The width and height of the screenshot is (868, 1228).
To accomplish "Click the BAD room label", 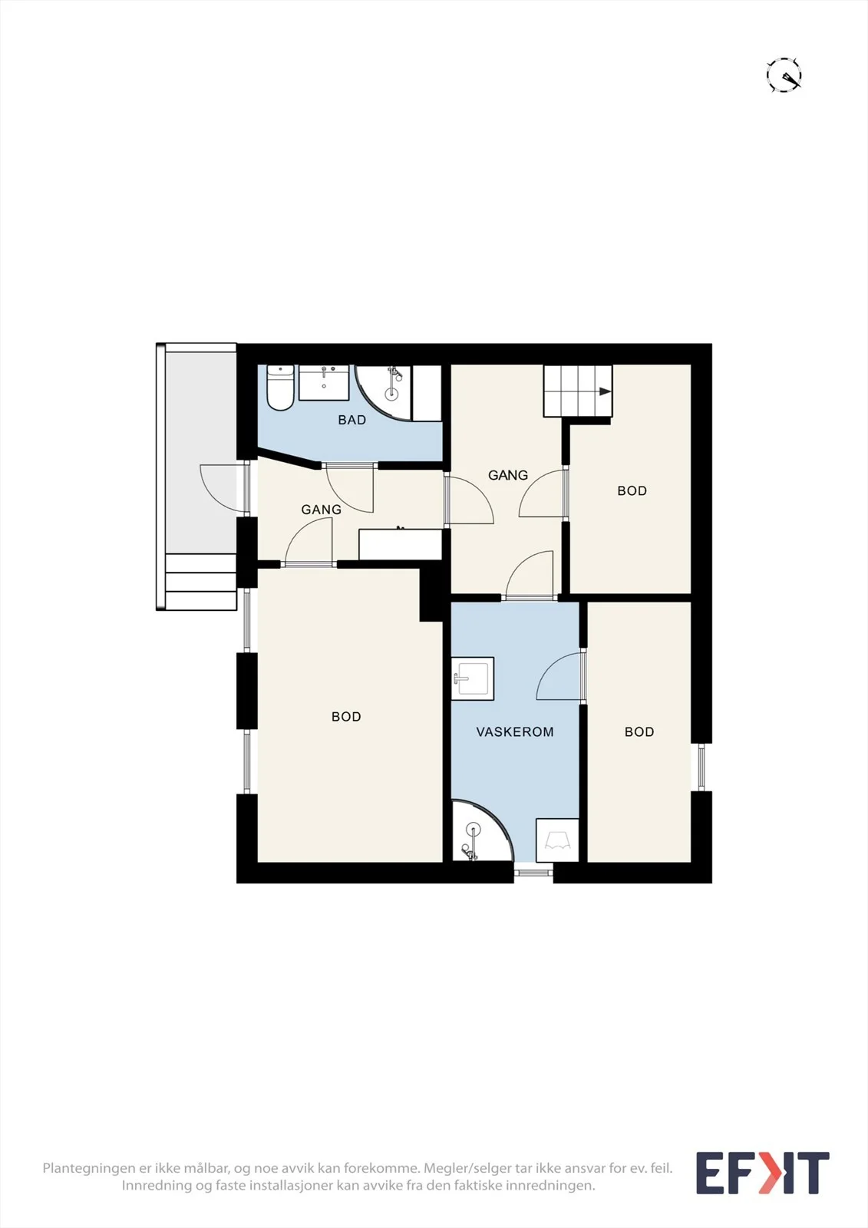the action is [351, 420].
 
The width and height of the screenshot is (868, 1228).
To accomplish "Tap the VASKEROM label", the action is [514, 732].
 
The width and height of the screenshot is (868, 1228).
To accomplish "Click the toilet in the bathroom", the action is [280, 388].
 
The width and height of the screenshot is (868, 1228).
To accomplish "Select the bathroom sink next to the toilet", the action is [324, 383].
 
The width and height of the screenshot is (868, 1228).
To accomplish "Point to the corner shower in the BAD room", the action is [383, 392].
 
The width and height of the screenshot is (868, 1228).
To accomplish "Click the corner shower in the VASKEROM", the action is [479, 830].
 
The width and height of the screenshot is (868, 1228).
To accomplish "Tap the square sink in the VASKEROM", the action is [472, 678].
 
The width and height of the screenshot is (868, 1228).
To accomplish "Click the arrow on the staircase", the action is [605, 391].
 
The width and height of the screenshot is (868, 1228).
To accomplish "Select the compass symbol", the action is [784, 74].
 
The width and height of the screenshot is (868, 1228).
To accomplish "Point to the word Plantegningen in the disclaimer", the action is [87, 1169].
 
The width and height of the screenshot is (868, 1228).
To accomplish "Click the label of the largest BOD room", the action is [346, 717].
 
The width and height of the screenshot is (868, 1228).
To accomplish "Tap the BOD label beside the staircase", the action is [632, 490].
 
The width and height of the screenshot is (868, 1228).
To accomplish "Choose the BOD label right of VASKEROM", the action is [639, 732].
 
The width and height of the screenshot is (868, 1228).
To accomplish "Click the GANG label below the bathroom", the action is [322, 510].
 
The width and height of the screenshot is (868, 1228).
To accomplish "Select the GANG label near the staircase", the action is [508, 475].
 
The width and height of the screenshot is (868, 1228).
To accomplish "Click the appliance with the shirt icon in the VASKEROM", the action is [557, 840].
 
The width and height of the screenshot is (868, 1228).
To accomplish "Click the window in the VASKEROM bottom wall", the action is [533, 872].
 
